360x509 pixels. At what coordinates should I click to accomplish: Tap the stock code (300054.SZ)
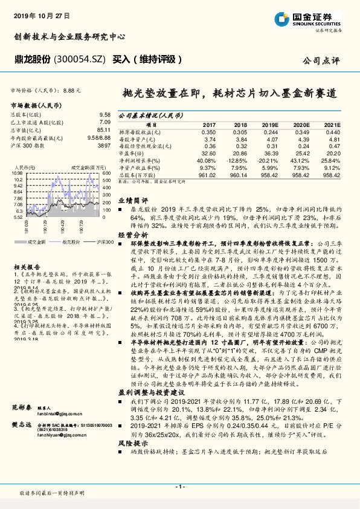79,59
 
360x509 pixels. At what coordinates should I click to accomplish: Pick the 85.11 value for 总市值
103,129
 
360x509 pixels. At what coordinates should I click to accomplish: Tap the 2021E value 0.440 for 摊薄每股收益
333,132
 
